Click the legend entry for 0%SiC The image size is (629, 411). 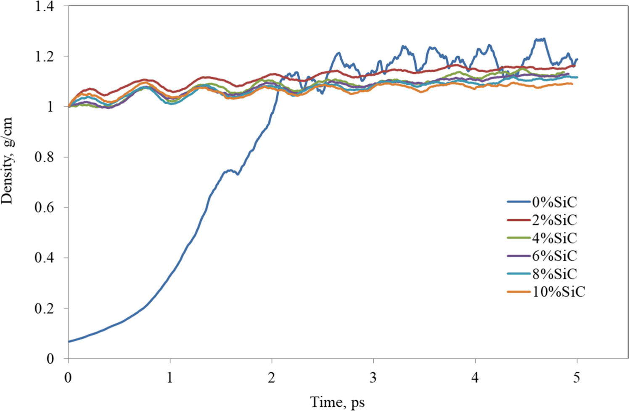554,202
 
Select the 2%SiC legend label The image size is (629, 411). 554,220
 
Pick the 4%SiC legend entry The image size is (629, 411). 554,238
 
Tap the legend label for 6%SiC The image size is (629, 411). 554,256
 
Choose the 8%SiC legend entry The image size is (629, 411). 554,274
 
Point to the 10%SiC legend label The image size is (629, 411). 558,292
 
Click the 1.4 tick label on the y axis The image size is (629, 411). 45,6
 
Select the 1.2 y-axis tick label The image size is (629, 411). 45,56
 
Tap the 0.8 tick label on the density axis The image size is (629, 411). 45,157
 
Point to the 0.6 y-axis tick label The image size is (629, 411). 45,207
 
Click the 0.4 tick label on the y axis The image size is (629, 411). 45,258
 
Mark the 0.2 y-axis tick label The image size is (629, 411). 45,308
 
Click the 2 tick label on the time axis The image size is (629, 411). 272,378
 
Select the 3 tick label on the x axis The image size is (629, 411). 373,378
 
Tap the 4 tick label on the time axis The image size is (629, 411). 475,378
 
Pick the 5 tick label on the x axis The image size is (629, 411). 576,378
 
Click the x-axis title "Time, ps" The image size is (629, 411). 337,402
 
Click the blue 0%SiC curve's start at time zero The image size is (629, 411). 69,341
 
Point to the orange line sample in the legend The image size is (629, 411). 519,292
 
